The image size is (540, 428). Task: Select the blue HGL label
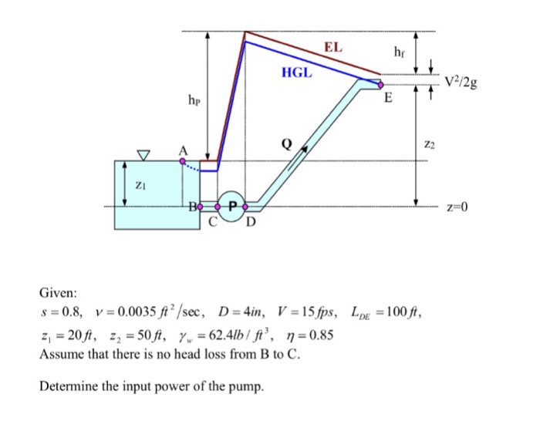click(x=297, y=74)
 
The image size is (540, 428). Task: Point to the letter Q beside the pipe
click(x=287, y=143)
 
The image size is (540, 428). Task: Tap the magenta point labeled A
click(x=183, y=161)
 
